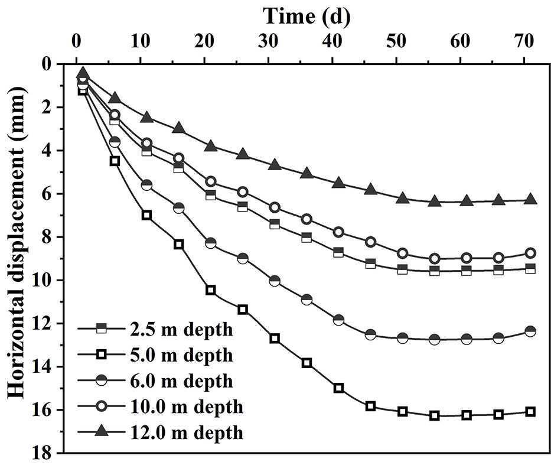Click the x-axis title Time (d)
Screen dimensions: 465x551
(307, 16)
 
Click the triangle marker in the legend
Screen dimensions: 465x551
(101, 432)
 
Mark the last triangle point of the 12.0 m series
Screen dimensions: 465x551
(530, 200)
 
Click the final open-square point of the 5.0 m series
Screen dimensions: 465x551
(530, 412)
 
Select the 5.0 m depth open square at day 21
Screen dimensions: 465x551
(211, 290)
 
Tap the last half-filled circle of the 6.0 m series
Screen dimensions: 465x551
(530, 331)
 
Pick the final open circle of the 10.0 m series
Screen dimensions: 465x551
(530, 253)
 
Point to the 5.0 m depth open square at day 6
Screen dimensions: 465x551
(115, 161)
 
